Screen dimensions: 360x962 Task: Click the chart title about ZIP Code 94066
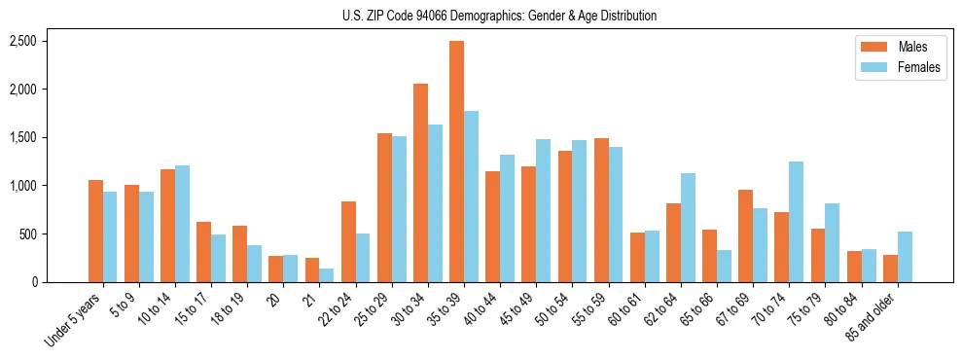click(500, 16)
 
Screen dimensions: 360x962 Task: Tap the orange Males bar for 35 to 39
click(456, 162)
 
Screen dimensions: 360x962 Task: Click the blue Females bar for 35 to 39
click(471, 197)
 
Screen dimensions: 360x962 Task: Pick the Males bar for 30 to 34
click(420, 183)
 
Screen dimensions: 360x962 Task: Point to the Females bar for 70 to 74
click(796, 222)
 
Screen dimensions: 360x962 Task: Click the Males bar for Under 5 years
click(95, 231)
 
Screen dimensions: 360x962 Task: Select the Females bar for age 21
click(327, 275)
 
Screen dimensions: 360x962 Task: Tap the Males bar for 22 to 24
click(348, 241)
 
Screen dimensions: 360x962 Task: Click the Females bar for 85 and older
click(905, 257)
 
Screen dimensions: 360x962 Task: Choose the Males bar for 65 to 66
click(709, 256)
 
